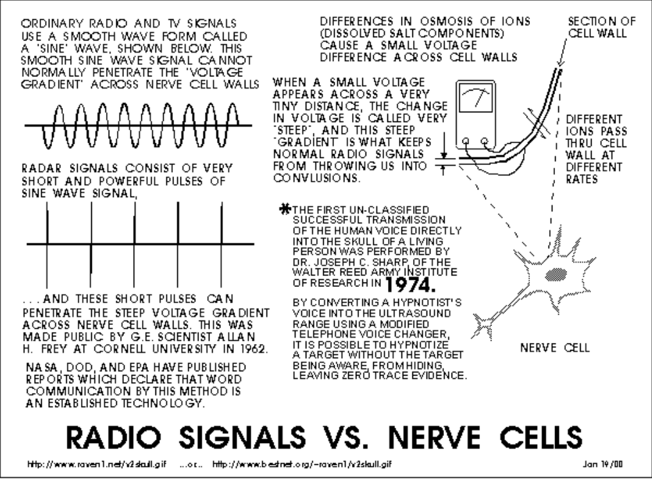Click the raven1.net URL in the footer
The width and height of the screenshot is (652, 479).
coord(97,464)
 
